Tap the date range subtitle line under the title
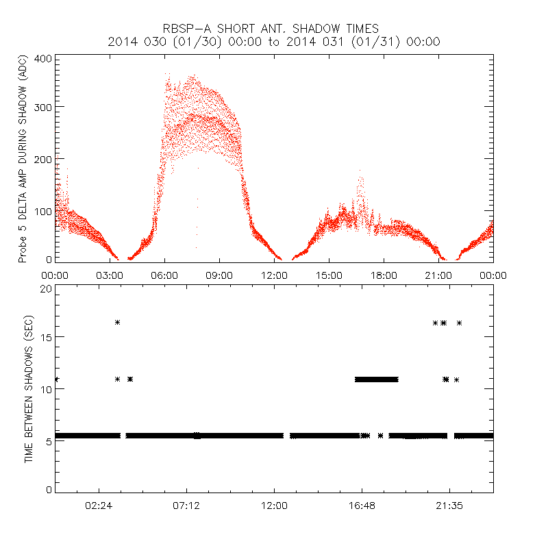pos(274,42)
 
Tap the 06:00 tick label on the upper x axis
pos(164,275)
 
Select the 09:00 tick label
pos(219,275)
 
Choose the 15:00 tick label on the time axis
pos(329,275)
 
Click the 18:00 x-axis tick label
pos(384,275)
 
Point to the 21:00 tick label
pos(438,275)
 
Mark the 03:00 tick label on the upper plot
pos(110,275)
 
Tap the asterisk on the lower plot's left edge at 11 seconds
pos(55,379)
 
